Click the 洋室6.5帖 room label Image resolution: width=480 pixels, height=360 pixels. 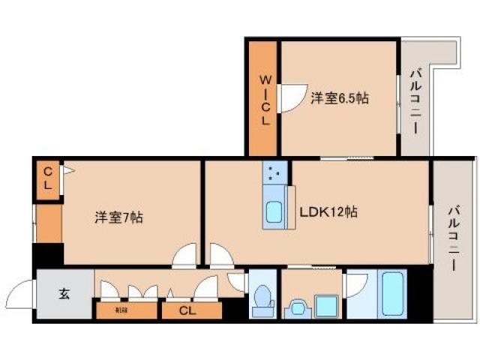click(338, 98)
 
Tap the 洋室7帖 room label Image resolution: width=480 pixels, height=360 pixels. click(118, 217)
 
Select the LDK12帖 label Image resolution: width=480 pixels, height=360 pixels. click(328, 212)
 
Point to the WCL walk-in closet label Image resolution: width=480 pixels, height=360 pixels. click(265, 100)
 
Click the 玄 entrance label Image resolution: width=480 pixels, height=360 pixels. click(64, 293)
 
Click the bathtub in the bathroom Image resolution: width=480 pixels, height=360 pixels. click(394, 293)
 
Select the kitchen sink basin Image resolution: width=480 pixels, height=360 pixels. click(274, 212)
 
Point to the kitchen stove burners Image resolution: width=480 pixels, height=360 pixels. click(273, 175)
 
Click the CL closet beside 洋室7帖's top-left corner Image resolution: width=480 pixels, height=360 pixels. click(46, 178)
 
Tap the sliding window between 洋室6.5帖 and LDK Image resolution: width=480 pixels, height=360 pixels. click(346, 158)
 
